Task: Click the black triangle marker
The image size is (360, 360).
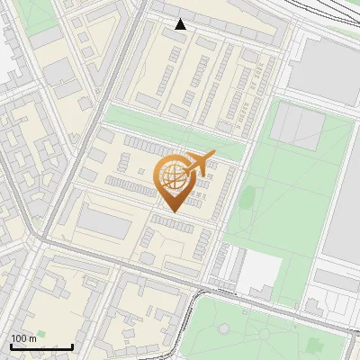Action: tap(181, 24)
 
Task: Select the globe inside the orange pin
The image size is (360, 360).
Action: tap(172, 177)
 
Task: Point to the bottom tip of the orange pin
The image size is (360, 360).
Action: tap(172, 211)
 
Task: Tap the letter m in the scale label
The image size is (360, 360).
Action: tap(33, 338)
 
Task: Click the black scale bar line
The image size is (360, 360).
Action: tap(41, 346)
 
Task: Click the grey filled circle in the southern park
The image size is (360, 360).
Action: tap(268, 334)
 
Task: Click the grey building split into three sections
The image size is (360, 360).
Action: tap(297, 125)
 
